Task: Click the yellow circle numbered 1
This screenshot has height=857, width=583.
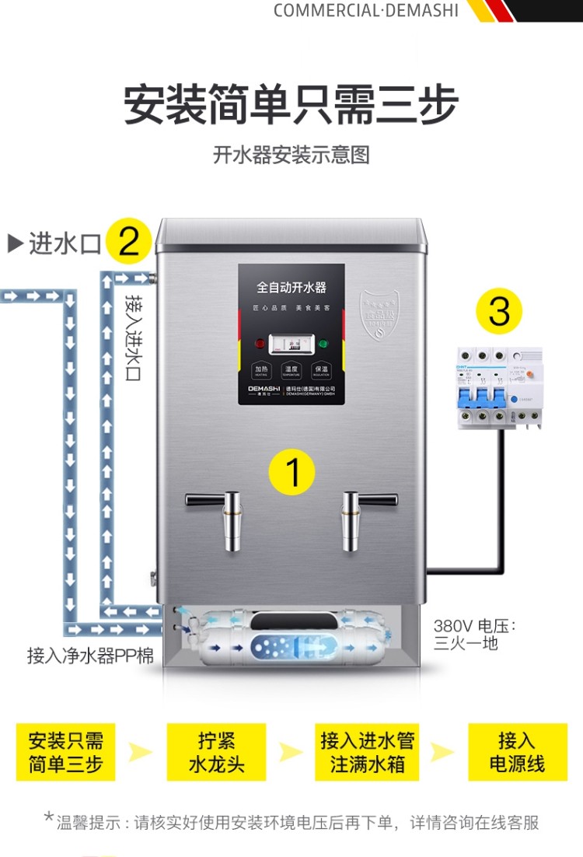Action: pos(291,471)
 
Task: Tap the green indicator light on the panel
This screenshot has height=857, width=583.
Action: pos(322,342)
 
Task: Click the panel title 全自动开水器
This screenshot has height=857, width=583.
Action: pos(291,288)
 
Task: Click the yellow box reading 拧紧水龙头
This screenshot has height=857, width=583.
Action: pos(216,752)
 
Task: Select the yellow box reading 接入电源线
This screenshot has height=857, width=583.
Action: pos(516,752)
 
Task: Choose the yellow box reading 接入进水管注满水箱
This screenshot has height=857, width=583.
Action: pos(367,752)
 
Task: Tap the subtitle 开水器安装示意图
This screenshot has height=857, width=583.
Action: pos(291,155)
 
